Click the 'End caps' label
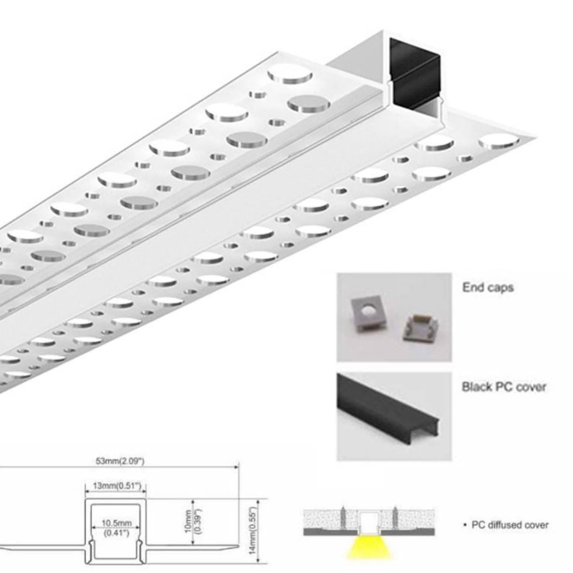(x=488, y=287)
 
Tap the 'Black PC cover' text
(x=504, y=387)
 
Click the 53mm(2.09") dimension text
(x=120, y=461)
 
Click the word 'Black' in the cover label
(x=477, y=387)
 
